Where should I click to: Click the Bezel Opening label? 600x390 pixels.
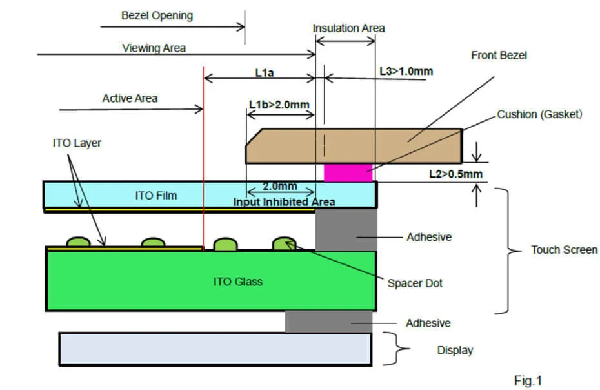[157, 15]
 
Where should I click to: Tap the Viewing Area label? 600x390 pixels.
[154, 48]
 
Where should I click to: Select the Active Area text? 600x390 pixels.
[130, 98]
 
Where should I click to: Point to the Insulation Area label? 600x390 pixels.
[348, 28]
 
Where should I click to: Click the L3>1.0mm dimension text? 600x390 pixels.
[406, 71]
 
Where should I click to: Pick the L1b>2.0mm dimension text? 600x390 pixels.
[279, 105]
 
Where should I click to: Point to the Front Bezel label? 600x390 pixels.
[499, 56]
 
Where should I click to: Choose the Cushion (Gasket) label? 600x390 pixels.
[539, 114]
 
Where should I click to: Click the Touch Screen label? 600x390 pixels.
[564, 250]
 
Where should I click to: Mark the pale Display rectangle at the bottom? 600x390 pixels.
[215, 349]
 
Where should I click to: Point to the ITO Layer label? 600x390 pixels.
[77, 143]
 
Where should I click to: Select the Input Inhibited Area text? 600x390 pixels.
[284, 202]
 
